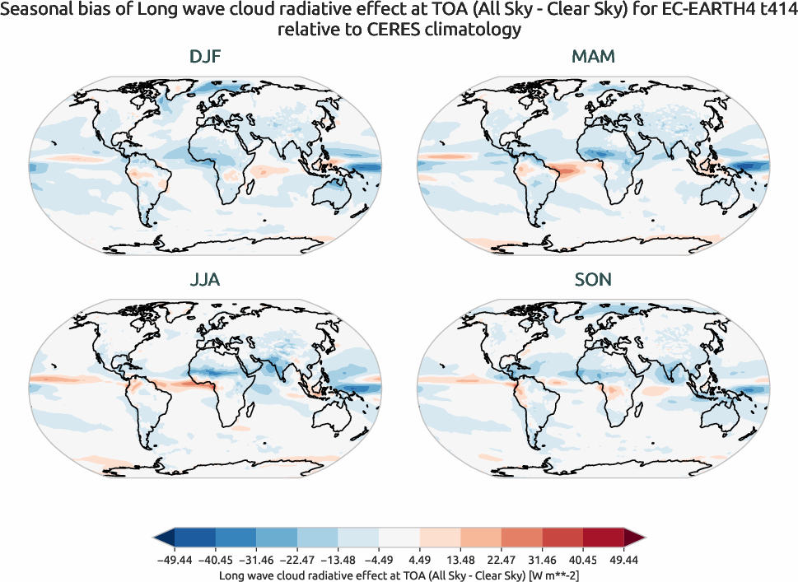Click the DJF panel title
tap(205, 57)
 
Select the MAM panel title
tap(593, 57)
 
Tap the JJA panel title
tap(205, 280)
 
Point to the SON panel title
tap(593, 280)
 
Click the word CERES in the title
tap(399, 30)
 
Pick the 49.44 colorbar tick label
tap(624, 560)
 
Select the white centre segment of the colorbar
tap(399, 538)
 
